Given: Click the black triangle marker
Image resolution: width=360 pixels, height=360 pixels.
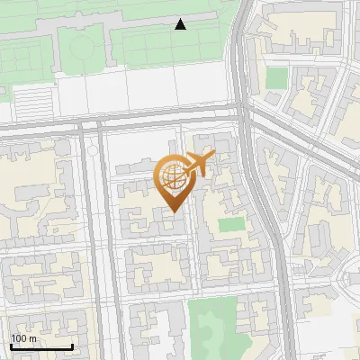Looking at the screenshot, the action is pos(181,24).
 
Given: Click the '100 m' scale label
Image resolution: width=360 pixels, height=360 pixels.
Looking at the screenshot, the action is pos(23,338).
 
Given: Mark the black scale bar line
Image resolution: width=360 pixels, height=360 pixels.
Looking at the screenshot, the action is pos(41,346).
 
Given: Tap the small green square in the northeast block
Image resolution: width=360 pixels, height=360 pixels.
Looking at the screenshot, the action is pos(277,77).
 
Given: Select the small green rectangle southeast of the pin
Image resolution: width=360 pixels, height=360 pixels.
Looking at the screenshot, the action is pos(231,224).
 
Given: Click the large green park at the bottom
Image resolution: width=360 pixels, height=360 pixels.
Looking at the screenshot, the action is pos(213,328).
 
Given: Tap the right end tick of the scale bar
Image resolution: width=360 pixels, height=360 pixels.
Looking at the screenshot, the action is pos(72,345).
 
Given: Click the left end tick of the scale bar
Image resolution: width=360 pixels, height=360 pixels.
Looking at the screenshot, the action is pos(11,345).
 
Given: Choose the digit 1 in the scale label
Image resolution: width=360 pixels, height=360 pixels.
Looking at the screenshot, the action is pos(13,338).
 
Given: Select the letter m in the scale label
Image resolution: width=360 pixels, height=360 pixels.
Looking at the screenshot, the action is pos(33,338).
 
